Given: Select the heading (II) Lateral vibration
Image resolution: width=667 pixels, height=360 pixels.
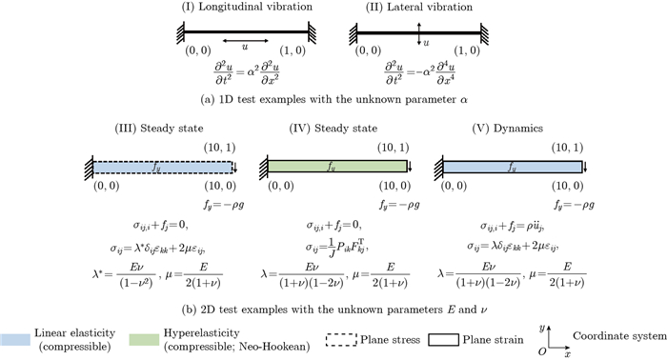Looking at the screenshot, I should tap(420, 8).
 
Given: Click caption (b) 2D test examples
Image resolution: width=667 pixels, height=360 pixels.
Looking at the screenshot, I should tap(334, 307).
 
